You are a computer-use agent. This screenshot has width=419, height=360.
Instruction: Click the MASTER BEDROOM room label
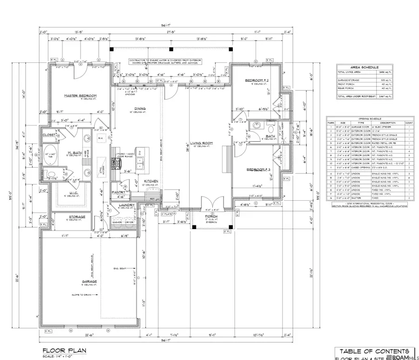click(x=77, y=95)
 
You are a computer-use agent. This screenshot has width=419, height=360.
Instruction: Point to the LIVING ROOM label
click(x=202, y=143)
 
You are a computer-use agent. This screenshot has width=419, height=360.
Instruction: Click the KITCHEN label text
click(x=152, y=181)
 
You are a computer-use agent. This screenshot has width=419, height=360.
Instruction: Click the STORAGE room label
click(x=77, y=217)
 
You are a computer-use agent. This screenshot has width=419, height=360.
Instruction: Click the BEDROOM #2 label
click(x=255, y=81)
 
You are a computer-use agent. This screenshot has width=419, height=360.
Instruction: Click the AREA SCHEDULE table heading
click(x=364, y=67)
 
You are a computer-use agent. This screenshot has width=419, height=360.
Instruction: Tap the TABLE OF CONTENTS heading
click(x=374, y=351)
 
